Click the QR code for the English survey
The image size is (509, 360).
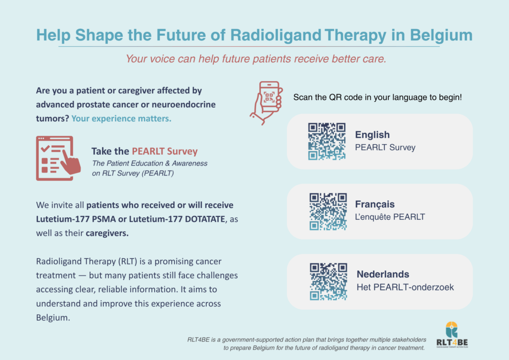point(327,141)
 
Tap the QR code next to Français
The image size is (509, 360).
point(328,212)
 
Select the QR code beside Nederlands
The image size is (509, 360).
point(328,281)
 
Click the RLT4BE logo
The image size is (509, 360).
point(452,335)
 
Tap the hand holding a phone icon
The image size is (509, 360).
point(266,103)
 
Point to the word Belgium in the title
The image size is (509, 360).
point(441,35)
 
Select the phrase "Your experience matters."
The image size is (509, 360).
point(121,118)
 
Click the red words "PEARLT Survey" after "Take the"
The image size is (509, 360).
point(165,151)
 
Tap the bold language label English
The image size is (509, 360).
point(372,135)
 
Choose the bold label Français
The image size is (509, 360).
point(375,204)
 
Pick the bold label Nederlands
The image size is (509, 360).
point(383,274)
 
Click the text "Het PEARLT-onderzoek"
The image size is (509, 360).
point(405,287)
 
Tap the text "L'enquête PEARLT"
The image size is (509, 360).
point(390,217)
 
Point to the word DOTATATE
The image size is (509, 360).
point(205,219)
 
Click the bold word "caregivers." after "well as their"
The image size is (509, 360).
point(107,233)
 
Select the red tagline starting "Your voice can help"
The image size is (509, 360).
point(256,59)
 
